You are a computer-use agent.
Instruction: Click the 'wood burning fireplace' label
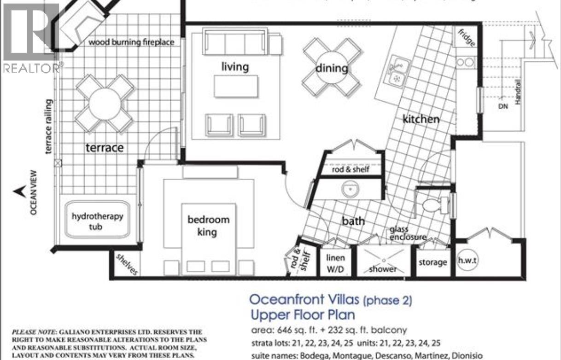pos(131,42)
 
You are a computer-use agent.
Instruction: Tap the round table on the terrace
pos(105,103)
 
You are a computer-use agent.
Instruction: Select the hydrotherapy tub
pos(97,221)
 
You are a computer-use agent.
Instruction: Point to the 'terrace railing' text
pos(49,126)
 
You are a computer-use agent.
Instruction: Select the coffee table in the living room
pos(235,86)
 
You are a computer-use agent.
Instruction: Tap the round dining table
pos(331,69)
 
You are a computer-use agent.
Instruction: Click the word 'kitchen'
pos(421,119)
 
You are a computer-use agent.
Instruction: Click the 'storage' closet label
pos(432,262)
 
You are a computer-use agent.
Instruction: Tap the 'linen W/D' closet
pos(335,263)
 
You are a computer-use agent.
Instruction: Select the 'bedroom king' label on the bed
pos(208,226)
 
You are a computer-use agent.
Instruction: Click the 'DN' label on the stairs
pos(503,106)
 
